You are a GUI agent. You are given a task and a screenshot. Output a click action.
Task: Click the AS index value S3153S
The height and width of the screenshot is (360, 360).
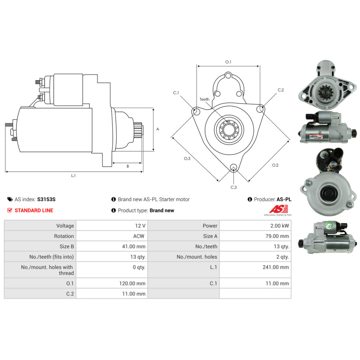[x=46, y=199]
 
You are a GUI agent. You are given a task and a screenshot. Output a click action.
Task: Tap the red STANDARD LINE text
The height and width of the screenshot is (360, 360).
[x=34, y=210]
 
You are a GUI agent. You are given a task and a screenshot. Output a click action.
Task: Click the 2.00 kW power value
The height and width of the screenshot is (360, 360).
[x=280, y=226]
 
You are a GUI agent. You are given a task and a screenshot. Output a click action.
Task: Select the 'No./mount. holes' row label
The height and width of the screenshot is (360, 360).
[x=197, y=257]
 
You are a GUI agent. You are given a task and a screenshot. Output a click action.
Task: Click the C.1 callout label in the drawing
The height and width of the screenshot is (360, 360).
[x=176, y=93]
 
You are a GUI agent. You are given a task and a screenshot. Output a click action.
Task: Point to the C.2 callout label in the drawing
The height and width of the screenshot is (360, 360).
[x=281, y=90]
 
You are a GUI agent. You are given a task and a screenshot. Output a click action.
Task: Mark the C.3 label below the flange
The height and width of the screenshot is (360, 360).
[x=234, y=187]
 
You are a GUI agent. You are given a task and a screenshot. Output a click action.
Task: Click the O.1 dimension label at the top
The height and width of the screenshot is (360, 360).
[x=228, y=62]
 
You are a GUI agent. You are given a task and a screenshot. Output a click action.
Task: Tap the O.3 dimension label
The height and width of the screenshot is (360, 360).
[x=187, y=159]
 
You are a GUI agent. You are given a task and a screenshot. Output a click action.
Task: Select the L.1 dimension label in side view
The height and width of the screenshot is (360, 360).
[x=73, y=176]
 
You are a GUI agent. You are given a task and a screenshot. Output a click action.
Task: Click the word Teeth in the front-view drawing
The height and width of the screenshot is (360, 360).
[x=204, y=99]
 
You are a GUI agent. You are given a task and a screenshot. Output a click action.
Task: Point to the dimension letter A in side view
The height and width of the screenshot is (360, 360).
[x=158, y=129]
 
